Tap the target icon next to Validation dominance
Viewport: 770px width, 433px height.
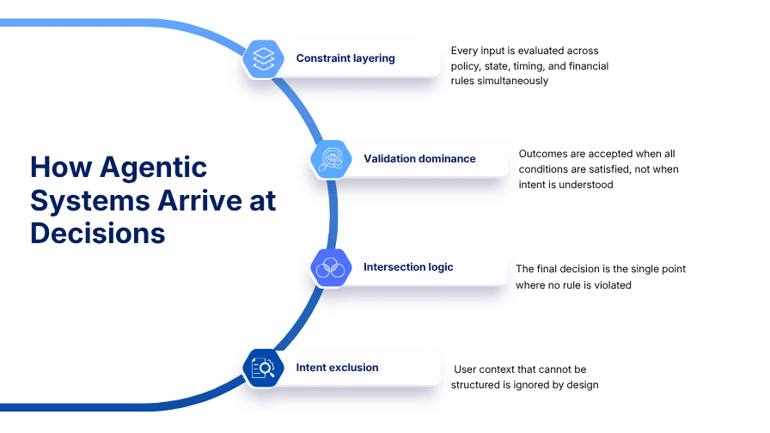[x=330, y=159]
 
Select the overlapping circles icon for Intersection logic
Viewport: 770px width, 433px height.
[x=330, y=268]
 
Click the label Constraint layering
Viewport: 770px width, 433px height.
[x=345, y=58]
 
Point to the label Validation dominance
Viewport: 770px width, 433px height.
[x=419, y=159]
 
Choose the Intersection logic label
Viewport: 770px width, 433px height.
[x=408, y=267]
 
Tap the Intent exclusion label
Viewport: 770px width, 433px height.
[x=337, y=368]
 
